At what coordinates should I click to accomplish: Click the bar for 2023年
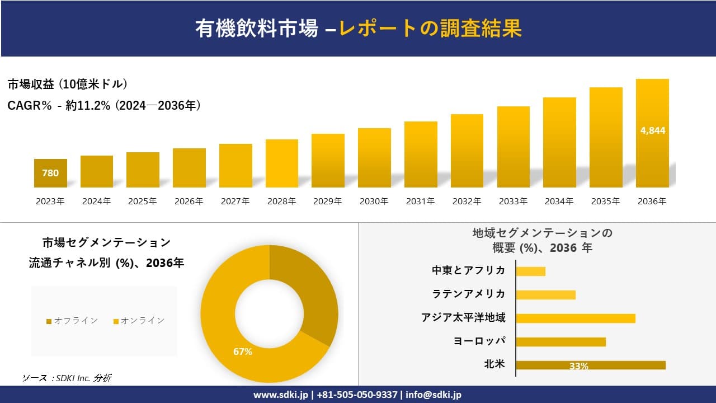point(50,174)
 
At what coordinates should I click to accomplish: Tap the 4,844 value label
point(652,130)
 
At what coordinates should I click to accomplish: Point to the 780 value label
point(50,174)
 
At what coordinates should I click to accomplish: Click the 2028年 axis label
point(281,201)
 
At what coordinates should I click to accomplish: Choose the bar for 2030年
point(374,158)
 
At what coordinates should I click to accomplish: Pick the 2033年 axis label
point(513,201)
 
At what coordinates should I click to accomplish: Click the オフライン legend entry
point(72,321)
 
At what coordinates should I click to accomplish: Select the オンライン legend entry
point(139,321)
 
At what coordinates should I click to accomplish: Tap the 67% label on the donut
point(243,352)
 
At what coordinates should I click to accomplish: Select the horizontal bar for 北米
point(590,365)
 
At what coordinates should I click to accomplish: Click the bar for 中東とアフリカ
point(530,271)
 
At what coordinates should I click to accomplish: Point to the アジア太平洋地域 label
point(463,318)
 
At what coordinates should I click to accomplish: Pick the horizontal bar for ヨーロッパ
point(560,341)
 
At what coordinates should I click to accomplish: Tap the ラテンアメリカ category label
point(468,294)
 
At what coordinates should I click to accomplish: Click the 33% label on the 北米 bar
point(578,366)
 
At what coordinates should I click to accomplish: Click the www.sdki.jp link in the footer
point(280,395)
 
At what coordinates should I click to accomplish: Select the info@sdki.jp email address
point(434,395)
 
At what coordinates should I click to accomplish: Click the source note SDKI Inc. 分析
point(67,378)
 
